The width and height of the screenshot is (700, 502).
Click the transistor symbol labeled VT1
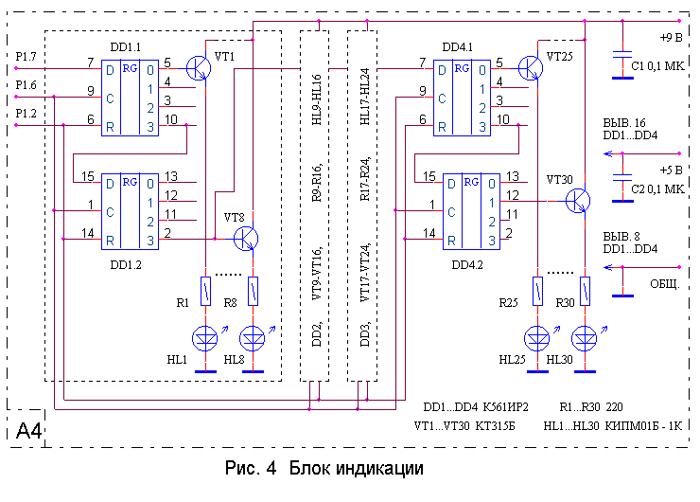point(200,66)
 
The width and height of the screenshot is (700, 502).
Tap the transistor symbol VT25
point(531,66)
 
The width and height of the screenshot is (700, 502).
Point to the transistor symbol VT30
point(578,201)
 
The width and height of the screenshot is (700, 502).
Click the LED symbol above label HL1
point(205,336)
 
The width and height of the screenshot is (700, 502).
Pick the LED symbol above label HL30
point(586,336)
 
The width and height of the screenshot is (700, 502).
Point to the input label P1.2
point(26,113)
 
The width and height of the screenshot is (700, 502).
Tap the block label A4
point(29,432)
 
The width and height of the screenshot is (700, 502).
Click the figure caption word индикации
point(376,469)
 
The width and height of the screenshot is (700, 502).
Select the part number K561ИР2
point(509,404)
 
